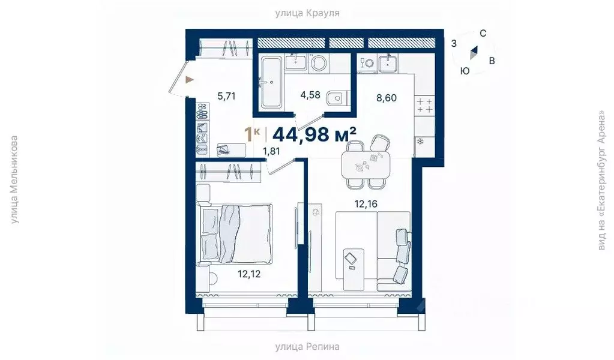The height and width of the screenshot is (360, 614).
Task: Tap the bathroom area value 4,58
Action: (310, 94)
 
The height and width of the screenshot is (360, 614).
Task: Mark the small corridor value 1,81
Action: (272, 151)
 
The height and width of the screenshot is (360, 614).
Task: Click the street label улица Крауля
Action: (307, 13)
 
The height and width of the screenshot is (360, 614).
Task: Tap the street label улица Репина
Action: (307, 346)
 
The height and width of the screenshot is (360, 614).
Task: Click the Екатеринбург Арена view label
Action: (601, 180)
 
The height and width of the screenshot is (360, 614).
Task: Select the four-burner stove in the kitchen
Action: (425, 106)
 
